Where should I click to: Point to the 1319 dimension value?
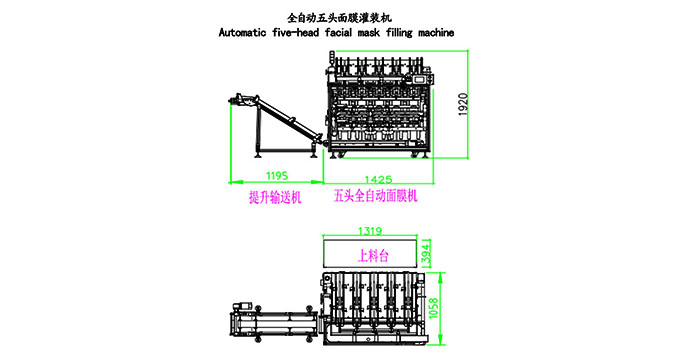click(369, 230)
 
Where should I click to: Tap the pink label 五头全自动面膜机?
click(374, 197)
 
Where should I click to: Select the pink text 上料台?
click(368, 254)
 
